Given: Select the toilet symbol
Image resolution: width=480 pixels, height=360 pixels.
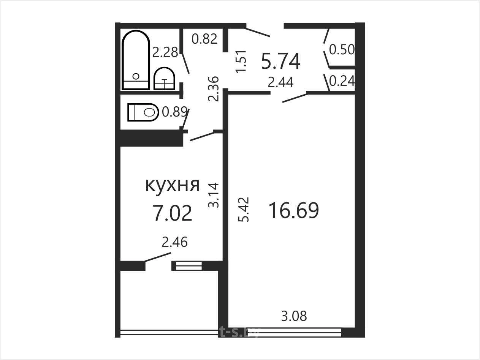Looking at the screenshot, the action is [143, 112].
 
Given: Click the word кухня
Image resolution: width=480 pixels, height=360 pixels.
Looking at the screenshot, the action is [173, 185].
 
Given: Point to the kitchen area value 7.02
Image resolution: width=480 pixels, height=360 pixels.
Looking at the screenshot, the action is [173, 213].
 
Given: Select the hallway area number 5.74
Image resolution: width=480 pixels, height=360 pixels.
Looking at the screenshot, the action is [281, 62].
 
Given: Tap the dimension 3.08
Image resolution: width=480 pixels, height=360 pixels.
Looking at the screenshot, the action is [294, 316].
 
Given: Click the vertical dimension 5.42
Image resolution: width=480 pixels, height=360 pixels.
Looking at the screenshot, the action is [244, 210].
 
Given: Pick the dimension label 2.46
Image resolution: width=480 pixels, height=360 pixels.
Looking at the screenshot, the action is [175, 242].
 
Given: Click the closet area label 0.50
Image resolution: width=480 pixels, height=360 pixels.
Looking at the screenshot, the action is [342, 49].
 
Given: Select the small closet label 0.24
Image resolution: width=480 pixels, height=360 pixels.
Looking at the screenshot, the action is [342, 81].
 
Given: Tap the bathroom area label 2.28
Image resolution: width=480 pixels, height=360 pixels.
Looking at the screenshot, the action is [165, 52].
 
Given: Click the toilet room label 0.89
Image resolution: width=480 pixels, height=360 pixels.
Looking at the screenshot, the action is [175, 112].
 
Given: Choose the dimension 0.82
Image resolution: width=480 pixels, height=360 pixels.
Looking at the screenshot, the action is [204, 39].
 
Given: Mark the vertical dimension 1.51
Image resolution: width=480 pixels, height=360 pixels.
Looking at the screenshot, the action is [241, 62].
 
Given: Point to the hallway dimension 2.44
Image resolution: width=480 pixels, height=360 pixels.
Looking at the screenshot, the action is [280, 82].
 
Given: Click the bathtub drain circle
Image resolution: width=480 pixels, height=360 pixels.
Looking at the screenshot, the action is [136, 76].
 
